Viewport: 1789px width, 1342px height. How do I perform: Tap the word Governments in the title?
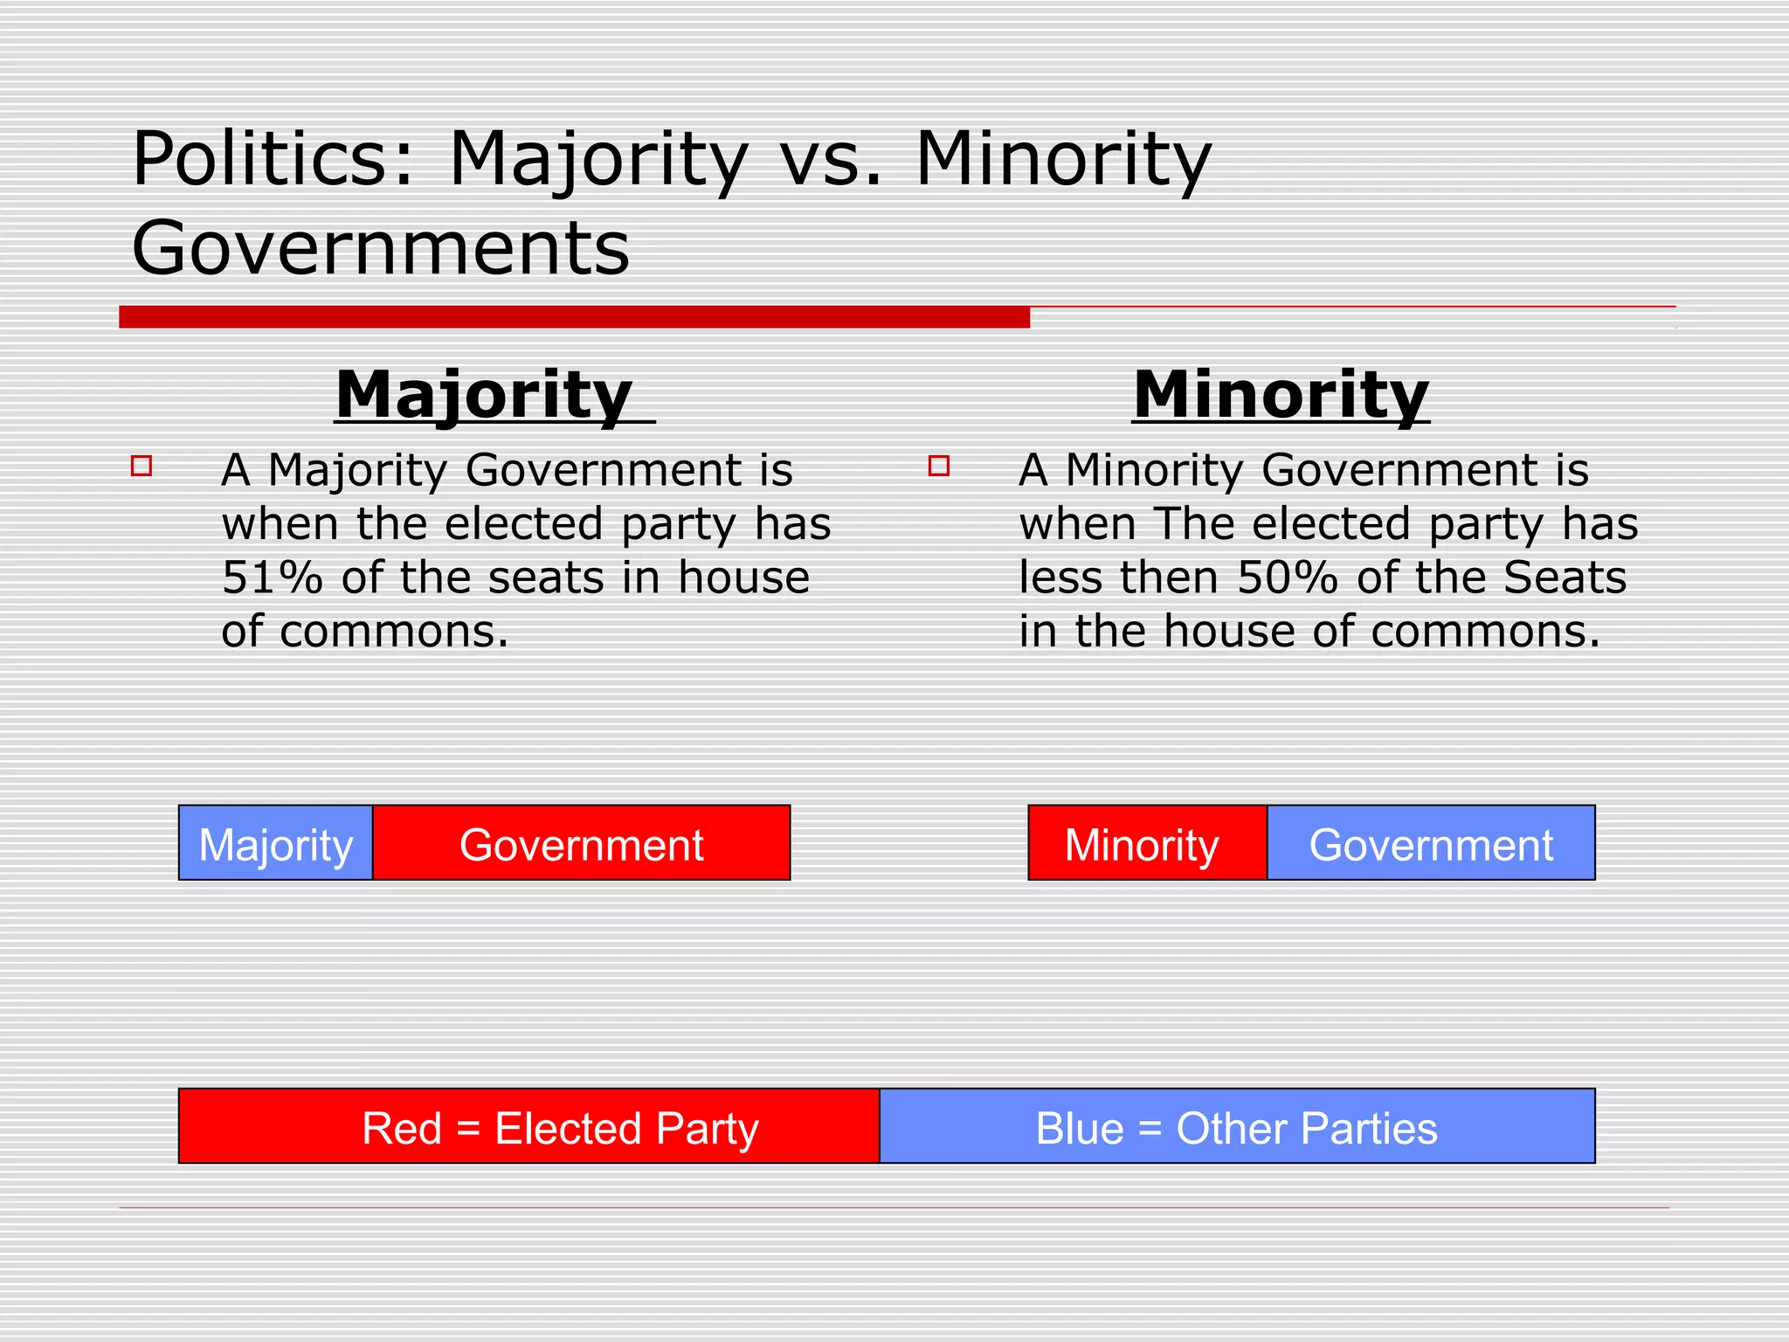[380, 248]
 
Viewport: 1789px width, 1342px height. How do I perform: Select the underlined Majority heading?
[484, 395]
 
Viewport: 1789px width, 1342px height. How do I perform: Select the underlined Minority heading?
[1281, 395]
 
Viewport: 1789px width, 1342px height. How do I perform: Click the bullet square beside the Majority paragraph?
[142, 466]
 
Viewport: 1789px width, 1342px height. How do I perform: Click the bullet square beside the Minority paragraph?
[939, 466]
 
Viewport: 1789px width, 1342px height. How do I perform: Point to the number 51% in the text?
[272, 578]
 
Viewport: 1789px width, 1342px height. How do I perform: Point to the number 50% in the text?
[1288, 578]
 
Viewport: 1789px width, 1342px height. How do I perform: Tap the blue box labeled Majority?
[276, 843]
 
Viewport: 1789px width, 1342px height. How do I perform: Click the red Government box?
[582, 843]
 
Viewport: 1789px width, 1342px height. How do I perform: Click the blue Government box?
[1431, 843]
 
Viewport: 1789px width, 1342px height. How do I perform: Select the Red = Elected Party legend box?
[529, 1126]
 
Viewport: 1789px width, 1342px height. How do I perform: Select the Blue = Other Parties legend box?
[1237, 1126]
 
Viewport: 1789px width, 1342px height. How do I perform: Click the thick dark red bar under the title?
[574, 317]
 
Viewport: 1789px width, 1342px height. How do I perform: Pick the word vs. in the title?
[830, 161]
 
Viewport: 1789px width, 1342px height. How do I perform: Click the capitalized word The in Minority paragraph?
[1195, 524]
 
